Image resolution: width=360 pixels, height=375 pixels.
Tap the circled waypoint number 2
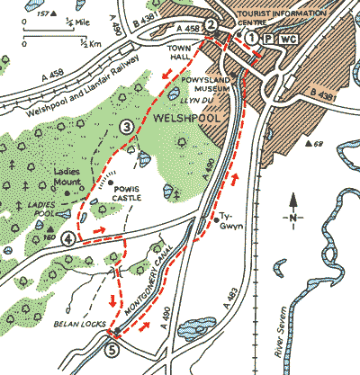tap(210, 25)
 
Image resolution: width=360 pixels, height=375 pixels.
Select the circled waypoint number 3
tap(127, 128)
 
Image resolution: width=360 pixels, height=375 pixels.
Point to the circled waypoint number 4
tap(69, 238)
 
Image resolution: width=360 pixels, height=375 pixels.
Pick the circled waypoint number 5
tap(112, 351)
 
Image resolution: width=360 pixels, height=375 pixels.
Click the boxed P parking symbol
tap(267, 39)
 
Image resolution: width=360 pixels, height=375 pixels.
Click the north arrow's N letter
tap(292, 219)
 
